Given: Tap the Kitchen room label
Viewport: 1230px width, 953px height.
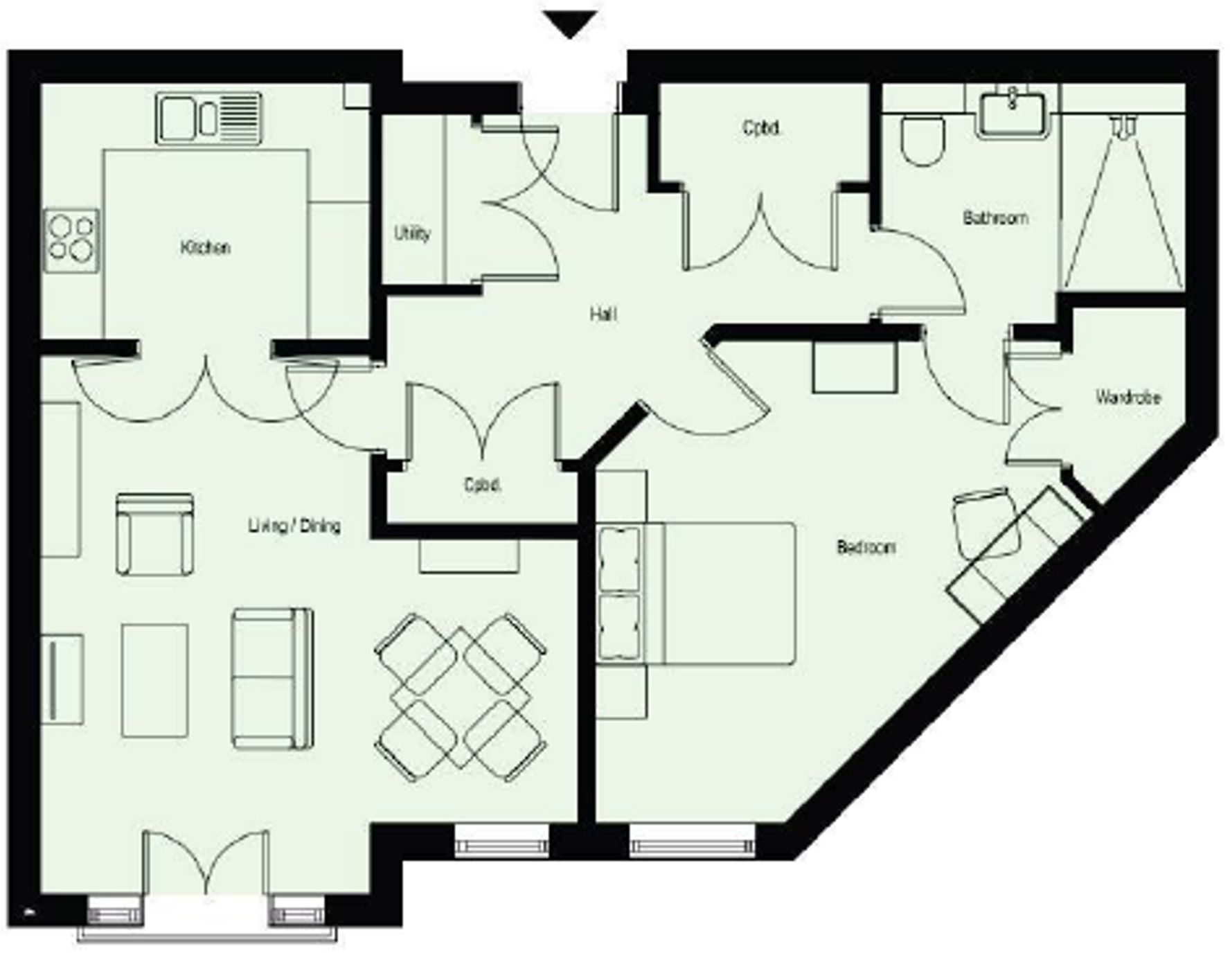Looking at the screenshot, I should [205, 247].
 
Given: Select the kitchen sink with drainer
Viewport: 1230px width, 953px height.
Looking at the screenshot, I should [209, 118].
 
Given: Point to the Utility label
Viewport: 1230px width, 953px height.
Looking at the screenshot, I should [412, 233].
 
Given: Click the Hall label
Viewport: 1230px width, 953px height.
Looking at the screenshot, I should [603, 314].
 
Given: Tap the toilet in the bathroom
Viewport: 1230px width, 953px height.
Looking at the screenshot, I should [923, 141].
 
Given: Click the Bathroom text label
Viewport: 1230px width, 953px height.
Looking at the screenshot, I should [995, 218].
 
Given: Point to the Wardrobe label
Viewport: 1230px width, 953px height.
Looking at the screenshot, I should [1127, 398].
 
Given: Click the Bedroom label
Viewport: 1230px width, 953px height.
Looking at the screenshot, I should [866, 547].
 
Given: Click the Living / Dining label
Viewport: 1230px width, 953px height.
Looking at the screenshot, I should [294, 526].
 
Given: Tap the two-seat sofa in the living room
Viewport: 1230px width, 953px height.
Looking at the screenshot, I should [271, 679].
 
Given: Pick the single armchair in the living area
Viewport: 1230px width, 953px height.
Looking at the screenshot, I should [154, 534].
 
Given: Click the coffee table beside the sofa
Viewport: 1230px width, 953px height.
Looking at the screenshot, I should [154, 680].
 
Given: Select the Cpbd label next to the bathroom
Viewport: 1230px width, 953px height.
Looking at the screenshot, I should [761, 128].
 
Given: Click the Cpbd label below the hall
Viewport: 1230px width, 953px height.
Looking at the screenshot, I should [482, 485].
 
